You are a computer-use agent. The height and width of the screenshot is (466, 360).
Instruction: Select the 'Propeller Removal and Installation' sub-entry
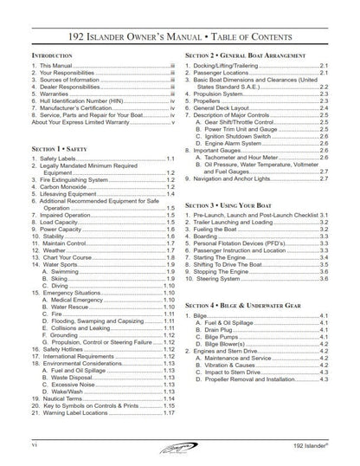[260, 378]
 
